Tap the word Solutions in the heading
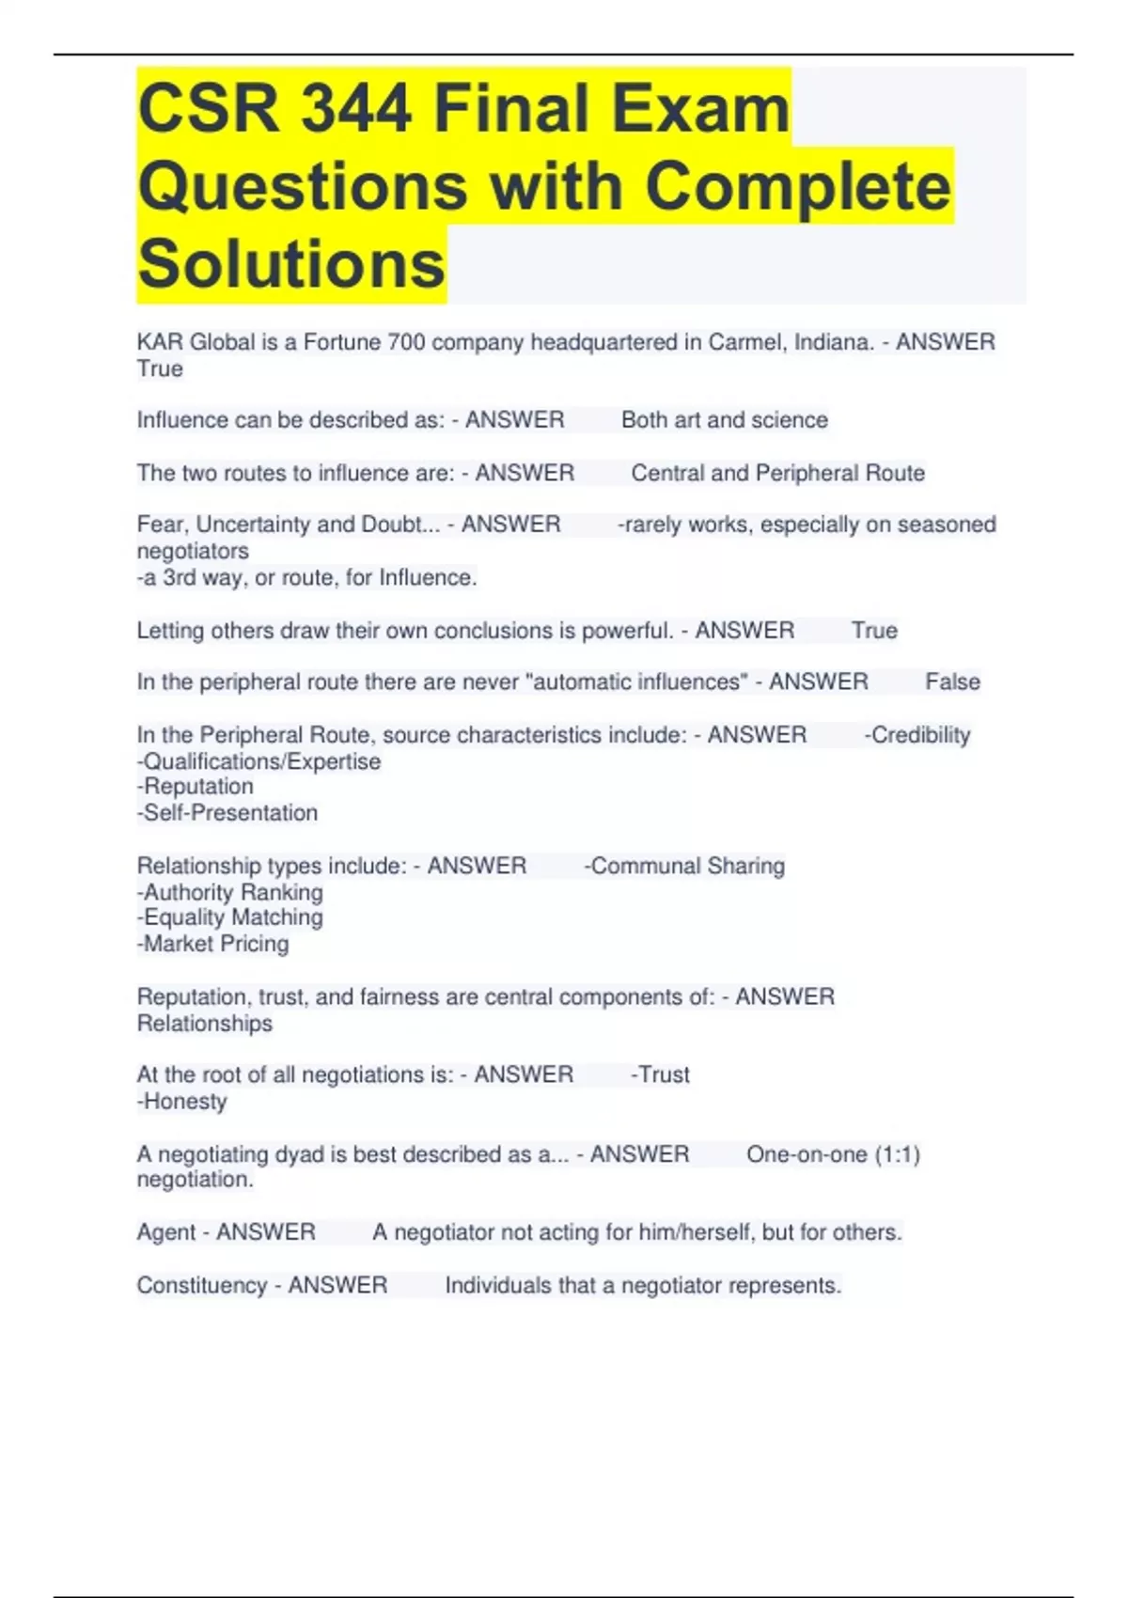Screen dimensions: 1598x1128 click(291, 264)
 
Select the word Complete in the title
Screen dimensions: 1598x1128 click(798, 186)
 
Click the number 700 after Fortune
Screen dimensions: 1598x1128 click(406, 342)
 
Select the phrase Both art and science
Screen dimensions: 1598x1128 click(725, 420)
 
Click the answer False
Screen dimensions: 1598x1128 click(952, 681)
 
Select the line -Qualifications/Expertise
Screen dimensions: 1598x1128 click(259, 761)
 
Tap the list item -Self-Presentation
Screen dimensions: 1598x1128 click(227, 813)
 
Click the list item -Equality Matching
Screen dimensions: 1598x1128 click(230, 917)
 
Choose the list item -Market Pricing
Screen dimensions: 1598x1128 click(213, 944)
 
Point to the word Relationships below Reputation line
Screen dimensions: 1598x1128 click(205, 1024)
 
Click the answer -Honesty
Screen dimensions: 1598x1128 click(182, 1102)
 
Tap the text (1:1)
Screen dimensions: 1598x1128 click(897, 1154)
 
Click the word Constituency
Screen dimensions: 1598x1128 click(202, 1285)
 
